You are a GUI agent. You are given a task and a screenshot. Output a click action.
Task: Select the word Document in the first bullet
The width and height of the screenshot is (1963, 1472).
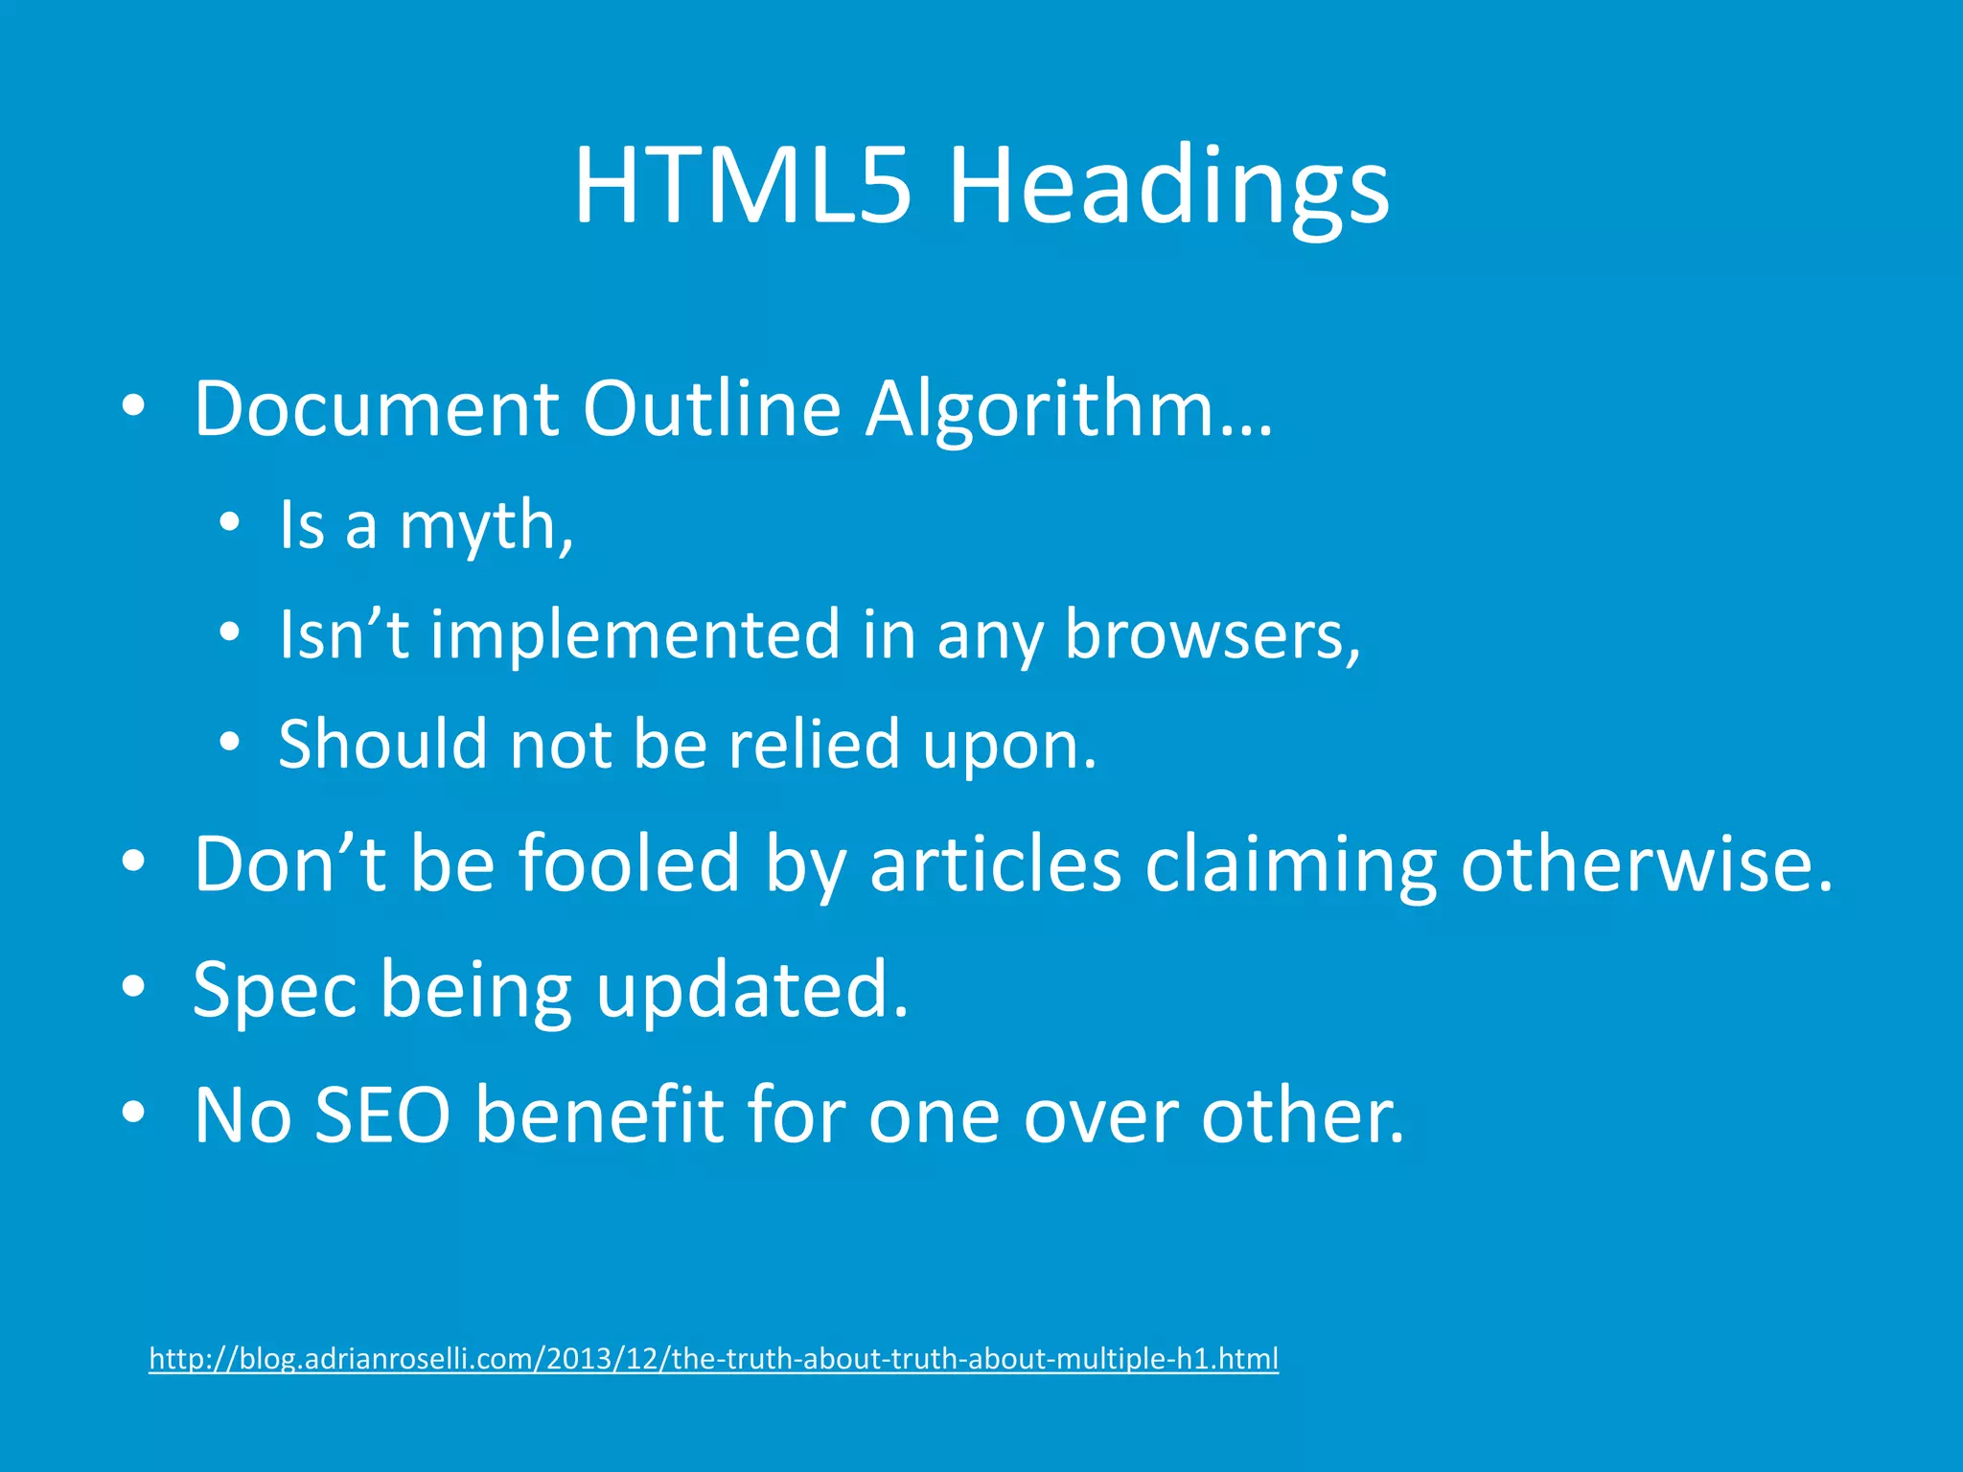[x=376, y=409]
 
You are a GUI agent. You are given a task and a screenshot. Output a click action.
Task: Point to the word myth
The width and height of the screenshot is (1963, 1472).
[x=485, y=526]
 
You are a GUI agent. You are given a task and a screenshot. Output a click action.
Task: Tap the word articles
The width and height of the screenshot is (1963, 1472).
[x=995, y=863]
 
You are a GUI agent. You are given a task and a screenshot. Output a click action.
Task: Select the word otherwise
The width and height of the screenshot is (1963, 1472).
[x=1646, y=863]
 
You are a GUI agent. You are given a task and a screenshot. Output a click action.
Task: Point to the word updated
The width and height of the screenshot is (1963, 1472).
[x=751, y=989]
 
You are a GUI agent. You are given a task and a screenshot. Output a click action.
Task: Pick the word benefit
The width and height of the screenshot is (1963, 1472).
[x=599, y=1115]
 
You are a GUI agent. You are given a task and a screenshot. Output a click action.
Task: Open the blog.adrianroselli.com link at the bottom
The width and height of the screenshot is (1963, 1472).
[x=713, y=1359]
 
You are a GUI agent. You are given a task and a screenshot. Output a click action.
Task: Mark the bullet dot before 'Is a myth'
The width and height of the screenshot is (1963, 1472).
[x=229, y=523]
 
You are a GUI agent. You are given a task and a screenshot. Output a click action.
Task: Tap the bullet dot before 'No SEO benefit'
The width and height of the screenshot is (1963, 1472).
[x=134, y=1112]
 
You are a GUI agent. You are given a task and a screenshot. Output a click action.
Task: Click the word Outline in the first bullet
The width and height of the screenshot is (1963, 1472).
[x=711, y=409]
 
